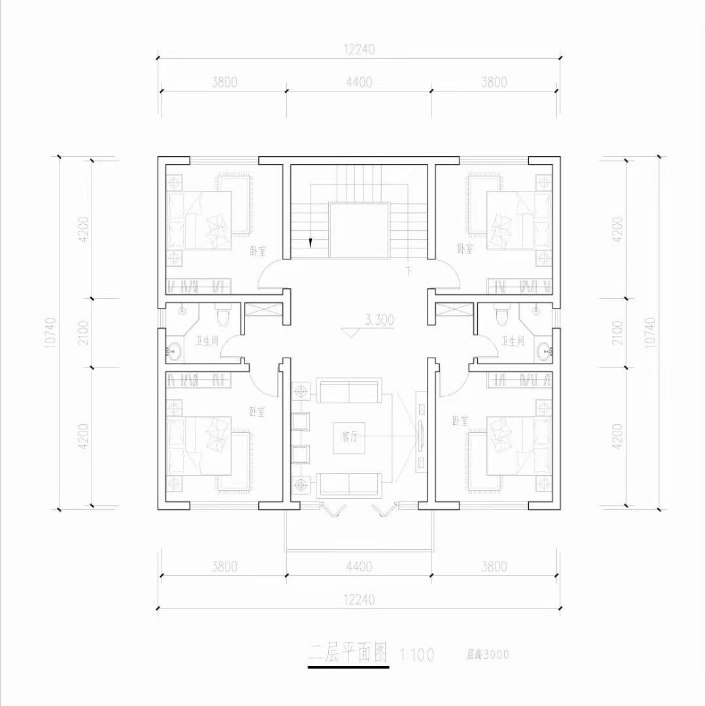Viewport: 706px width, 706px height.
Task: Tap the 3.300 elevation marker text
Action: [380, 320]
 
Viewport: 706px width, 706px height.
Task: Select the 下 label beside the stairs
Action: [409, 270]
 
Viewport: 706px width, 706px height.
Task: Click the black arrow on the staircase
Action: [310, 243]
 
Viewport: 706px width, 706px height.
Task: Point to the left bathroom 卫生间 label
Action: [207, 341]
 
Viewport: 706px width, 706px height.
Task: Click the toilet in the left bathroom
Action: [223, 316]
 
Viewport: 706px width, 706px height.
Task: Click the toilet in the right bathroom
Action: [501, 316]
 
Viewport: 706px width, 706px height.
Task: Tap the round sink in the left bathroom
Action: [173, 352]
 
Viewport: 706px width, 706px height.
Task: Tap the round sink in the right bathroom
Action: [545, 352]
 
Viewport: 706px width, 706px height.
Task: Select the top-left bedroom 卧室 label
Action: [257, 250]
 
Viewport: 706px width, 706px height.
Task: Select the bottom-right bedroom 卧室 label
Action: [460, 420]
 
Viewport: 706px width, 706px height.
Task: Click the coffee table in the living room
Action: [345, 437]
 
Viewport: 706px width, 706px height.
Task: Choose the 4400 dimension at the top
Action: [359, 82]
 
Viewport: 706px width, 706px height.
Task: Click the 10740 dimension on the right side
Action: [650, 333]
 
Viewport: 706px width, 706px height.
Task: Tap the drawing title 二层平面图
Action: [349, 652]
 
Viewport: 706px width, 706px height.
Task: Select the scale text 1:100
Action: [416, 654]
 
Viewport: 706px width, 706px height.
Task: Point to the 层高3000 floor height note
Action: [487, 654]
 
